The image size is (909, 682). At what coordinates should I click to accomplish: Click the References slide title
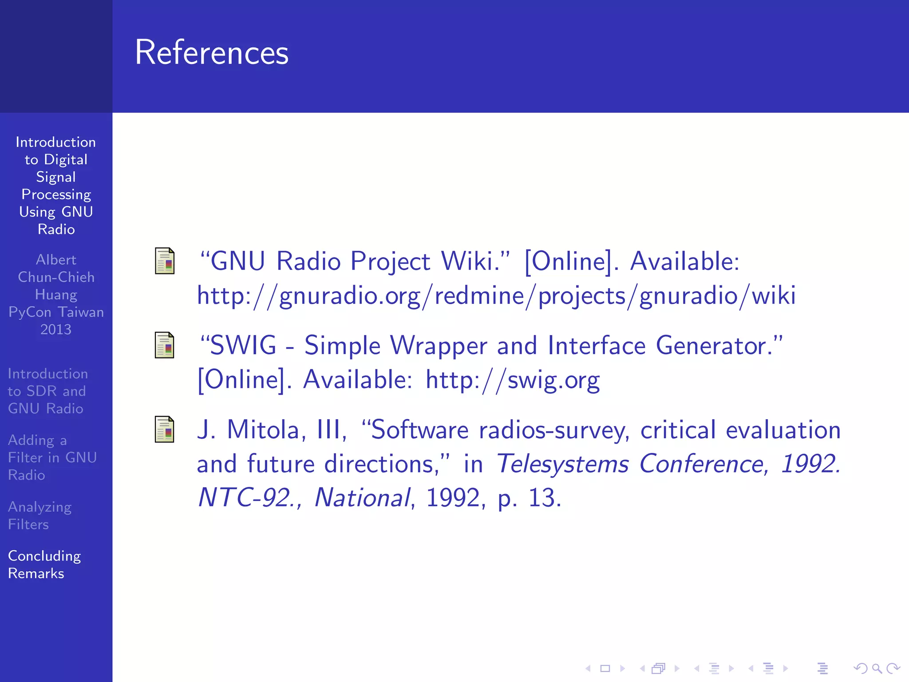211,52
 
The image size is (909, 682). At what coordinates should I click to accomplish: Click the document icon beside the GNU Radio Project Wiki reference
164,261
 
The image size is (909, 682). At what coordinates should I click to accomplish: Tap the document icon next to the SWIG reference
164,345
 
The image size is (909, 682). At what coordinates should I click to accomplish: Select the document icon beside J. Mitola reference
164,429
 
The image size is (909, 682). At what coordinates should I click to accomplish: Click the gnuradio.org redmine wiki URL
496,296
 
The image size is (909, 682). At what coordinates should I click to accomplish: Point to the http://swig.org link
512,380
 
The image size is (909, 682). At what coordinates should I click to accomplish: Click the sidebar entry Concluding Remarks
44,564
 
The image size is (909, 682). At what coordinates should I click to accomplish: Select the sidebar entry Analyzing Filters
40,515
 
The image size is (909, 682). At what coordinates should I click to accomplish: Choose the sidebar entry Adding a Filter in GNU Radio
52,457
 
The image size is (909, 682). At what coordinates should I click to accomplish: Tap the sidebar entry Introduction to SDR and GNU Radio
48,391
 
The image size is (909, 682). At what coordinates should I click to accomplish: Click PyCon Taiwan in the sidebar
56,312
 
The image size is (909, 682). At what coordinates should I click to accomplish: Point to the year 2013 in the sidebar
56,329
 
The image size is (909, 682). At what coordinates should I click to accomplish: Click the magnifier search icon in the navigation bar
877,668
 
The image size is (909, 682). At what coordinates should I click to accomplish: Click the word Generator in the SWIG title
719,345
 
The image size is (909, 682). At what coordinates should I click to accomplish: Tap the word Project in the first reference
391,261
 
